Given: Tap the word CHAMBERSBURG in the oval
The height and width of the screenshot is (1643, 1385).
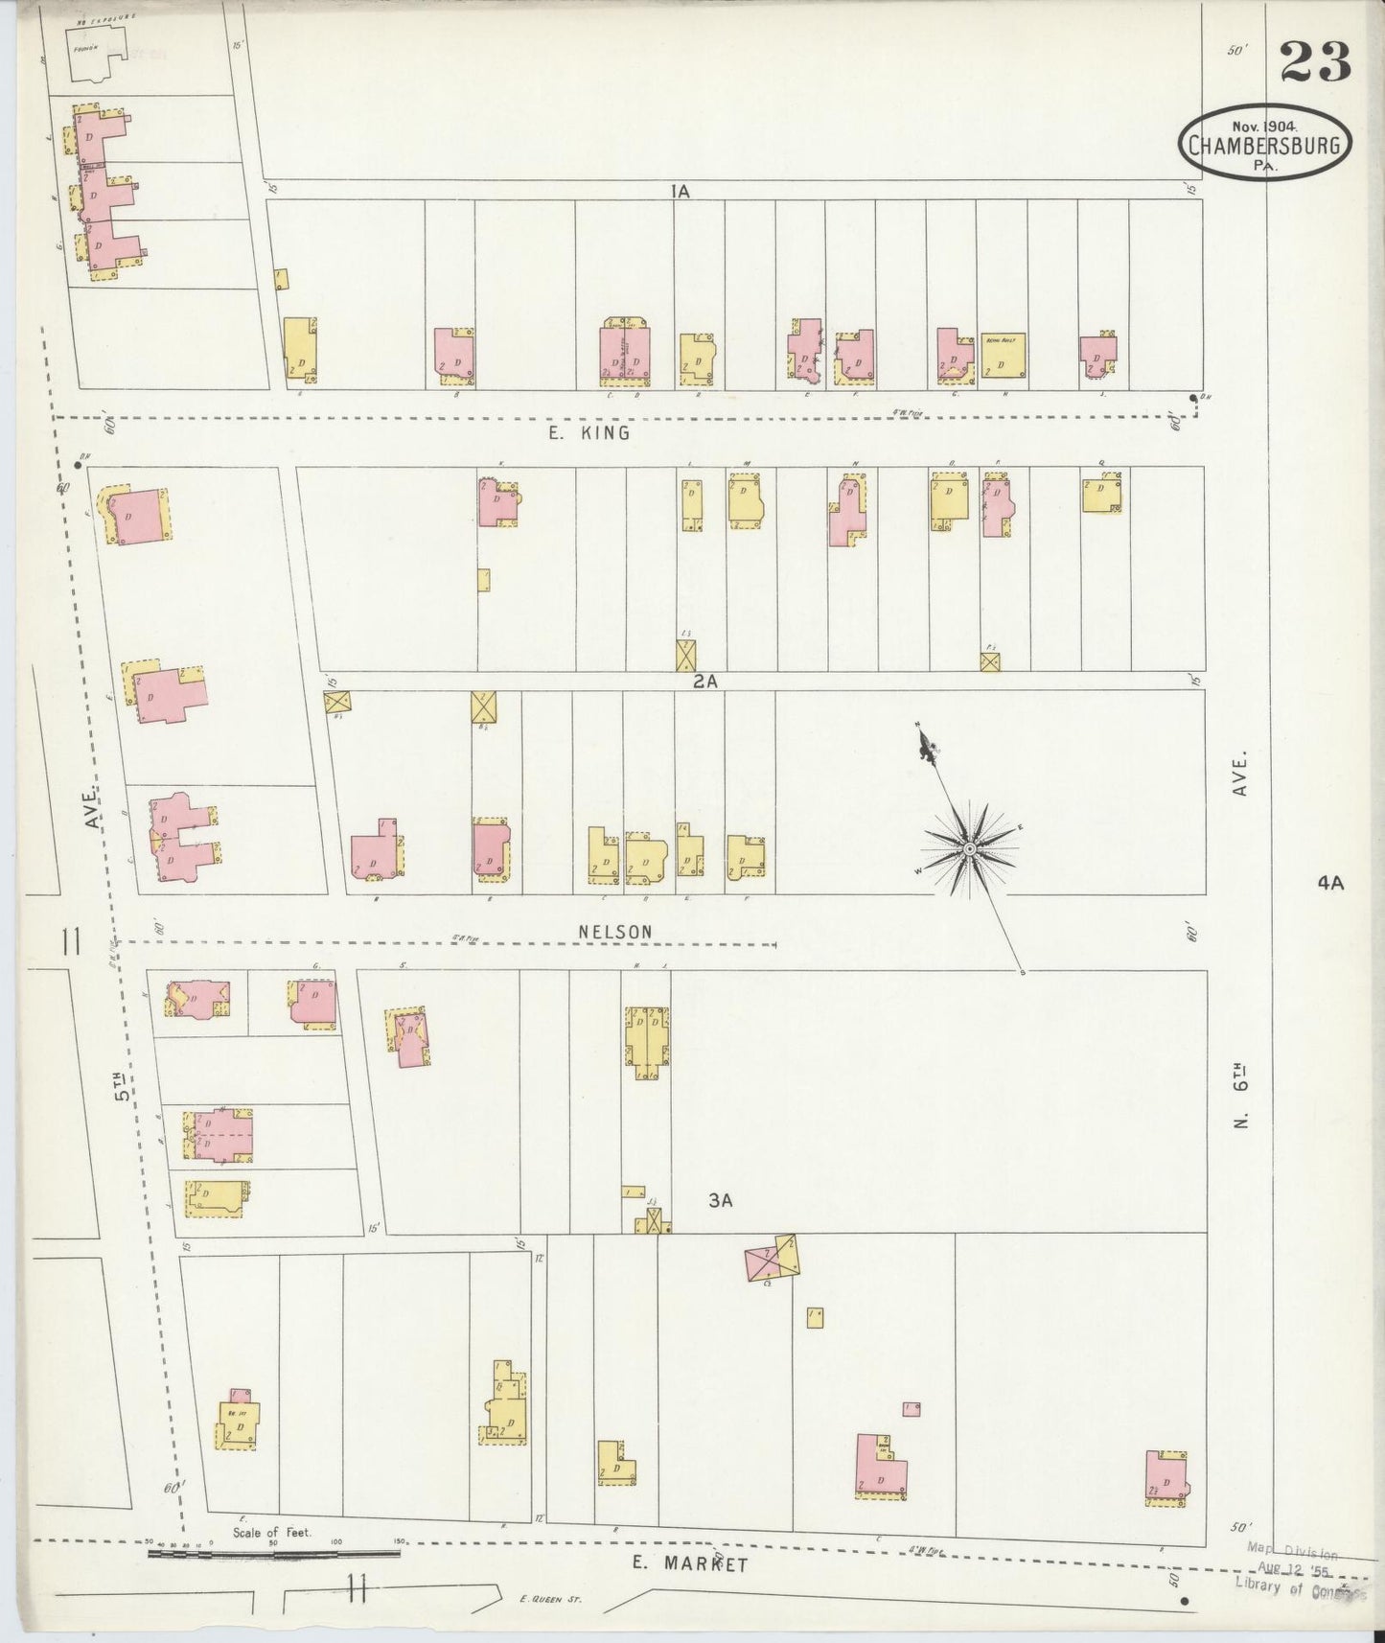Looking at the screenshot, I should tap(1265, 147).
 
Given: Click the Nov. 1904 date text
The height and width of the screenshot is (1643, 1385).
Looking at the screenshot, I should tap(1263, 126).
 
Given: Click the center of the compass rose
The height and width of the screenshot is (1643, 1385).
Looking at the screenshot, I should tap(969, 849).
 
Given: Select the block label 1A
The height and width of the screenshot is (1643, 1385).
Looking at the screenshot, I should tap(681, 192).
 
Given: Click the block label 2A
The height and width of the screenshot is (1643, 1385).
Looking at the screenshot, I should tap(705, 682).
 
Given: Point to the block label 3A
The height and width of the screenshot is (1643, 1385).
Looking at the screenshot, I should tap(720, 1200).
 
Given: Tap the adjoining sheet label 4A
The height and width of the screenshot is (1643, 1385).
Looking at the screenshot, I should tap(1329, 884).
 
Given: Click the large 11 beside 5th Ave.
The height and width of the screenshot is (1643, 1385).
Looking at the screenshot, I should tap(70, 943).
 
